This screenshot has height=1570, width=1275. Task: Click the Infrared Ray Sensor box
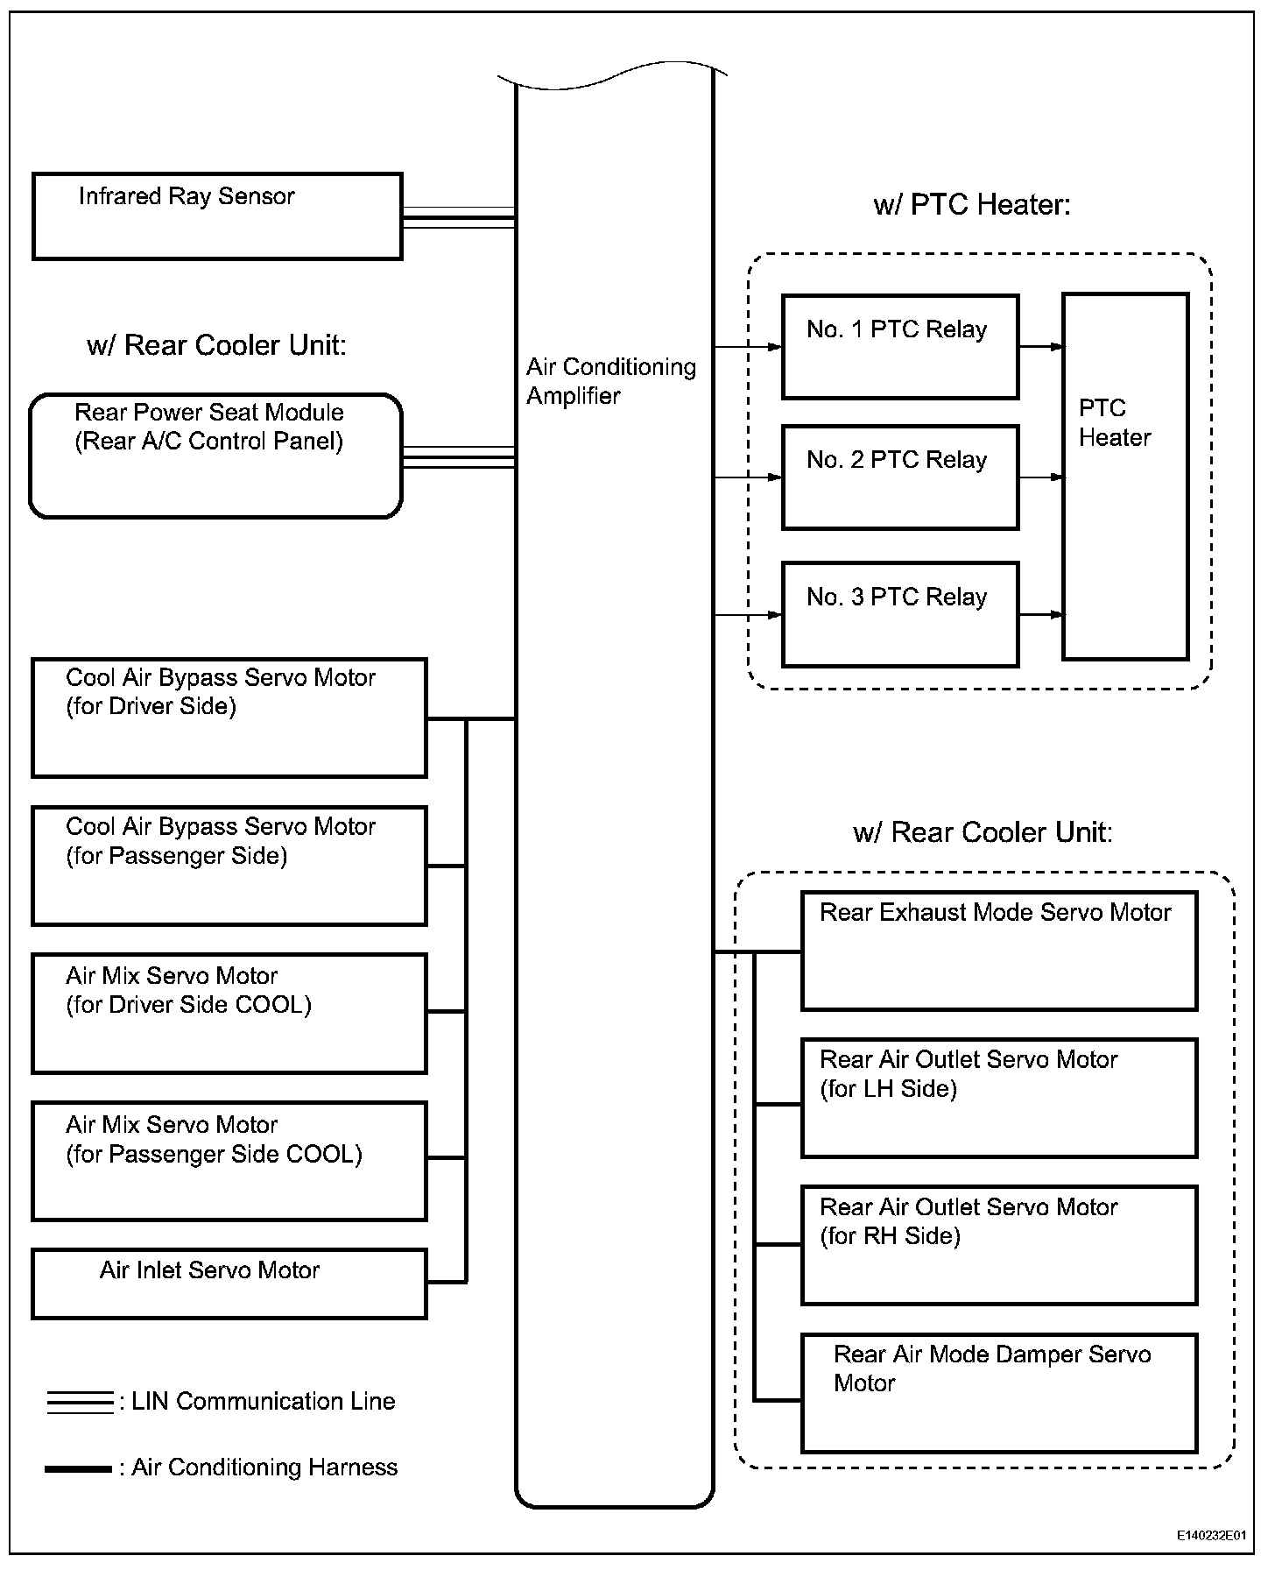(217, 216)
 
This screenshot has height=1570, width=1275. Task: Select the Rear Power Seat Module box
(215, 456)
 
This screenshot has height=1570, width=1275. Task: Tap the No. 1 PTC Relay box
(900, 347)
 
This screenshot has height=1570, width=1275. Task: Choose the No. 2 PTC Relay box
(900, 477)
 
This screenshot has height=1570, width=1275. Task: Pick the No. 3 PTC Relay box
(900, 614)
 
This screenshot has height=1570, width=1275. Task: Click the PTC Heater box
(1125, 477)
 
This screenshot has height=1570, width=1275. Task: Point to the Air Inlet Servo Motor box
(229, 1284)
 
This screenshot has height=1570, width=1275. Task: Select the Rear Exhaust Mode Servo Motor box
(999, 951)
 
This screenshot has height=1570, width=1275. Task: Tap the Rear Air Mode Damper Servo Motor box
(999, 1393)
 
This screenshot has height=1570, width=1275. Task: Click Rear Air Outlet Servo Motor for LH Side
(999, 1098)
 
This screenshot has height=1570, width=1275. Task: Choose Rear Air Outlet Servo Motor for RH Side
(999, 1245)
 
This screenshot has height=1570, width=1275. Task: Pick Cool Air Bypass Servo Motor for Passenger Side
(229, 866)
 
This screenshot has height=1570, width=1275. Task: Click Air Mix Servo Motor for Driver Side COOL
(229, 1013)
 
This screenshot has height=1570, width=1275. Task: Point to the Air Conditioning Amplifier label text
(610, 381)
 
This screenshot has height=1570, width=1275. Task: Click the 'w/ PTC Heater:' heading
(972, 205)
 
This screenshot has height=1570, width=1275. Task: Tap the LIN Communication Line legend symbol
(80, 1402)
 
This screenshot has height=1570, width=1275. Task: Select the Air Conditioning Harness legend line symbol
(78, 1468)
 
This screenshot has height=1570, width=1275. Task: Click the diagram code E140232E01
(1211, 1536)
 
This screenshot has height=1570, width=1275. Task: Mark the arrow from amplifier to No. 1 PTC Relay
(748, 347)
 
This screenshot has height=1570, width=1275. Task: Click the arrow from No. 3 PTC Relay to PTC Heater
(1041, 614)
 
